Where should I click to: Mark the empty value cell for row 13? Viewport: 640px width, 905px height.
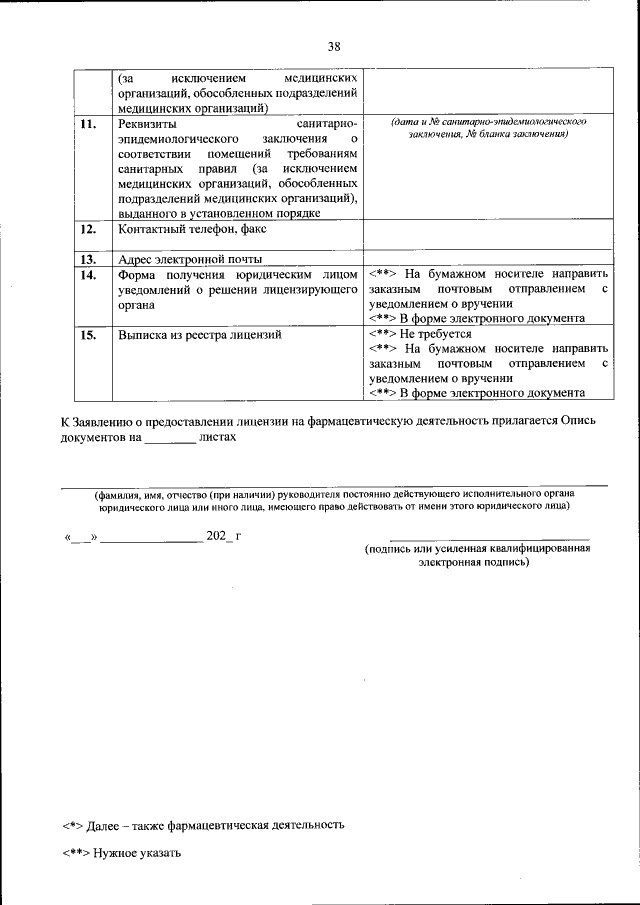pos(487,258)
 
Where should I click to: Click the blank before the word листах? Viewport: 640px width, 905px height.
pos(170,438)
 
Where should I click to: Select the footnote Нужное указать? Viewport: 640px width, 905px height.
pos(137,853)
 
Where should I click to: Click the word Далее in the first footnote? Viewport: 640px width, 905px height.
pos(106,825)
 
